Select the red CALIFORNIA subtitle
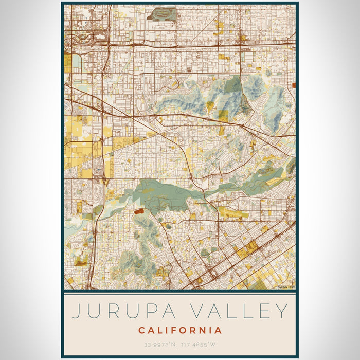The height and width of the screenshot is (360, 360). tap(180, 330)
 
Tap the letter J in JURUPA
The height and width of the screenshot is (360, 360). tap(75, 312)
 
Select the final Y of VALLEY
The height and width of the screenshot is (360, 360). tap(281, 312)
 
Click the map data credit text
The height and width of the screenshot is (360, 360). tap(286, 287)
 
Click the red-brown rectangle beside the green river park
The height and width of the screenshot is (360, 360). tap(137, 210)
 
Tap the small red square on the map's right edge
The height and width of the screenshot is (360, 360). tap(294, 85)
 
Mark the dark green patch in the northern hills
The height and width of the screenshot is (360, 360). tap(233, 85)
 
